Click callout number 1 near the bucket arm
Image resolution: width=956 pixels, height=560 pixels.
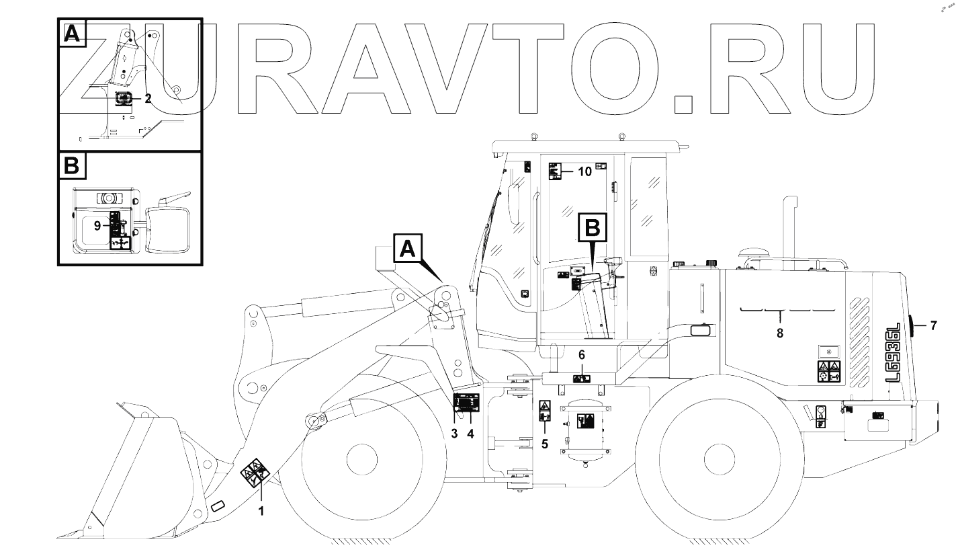261,511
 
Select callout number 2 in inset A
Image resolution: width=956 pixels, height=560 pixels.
148,98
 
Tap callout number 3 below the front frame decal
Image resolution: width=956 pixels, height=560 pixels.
455,434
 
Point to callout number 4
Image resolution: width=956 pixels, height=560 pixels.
470,434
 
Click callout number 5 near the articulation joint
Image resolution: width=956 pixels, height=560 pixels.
545,444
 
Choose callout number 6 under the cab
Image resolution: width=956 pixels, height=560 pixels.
582,354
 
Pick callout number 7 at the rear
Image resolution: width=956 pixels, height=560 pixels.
932,326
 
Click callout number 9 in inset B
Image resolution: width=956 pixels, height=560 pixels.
98,226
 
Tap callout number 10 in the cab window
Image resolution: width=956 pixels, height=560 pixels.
584,172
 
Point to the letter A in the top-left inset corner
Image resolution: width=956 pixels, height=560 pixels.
72,33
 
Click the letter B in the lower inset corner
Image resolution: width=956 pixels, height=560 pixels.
72,166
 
